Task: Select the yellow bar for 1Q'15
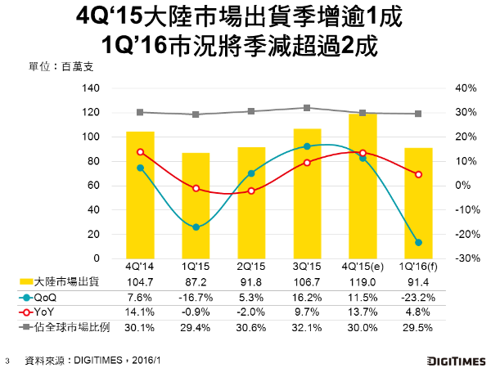[196, 205]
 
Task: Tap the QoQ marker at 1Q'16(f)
[418, 243]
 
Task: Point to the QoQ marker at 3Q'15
[307, 146]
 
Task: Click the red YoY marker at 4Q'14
[140, 152]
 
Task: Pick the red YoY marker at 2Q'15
[251, 191]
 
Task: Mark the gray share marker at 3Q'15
[307, 108]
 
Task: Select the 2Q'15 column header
[251, 267]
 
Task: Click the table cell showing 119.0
[363, 282]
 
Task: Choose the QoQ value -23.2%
[418, 297]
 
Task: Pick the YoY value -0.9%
[196, 312]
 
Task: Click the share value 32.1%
[307, 326]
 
